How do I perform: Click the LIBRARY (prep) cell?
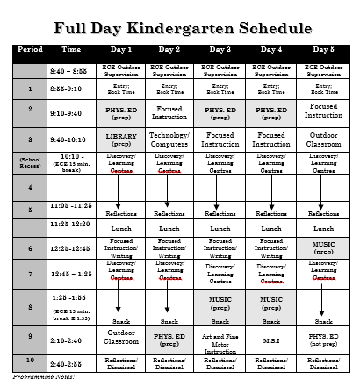point(119,139)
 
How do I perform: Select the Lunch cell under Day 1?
point(119,228)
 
